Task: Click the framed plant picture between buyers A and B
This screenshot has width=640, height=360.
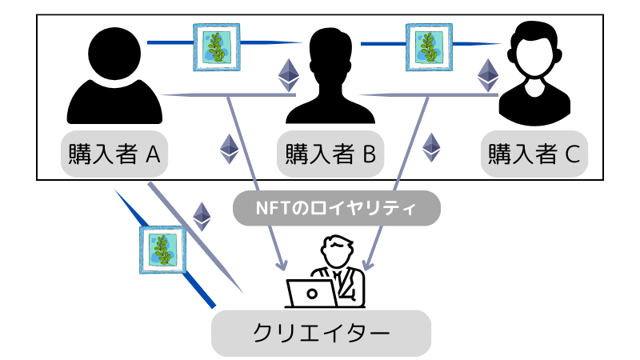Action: [x=218, y=46]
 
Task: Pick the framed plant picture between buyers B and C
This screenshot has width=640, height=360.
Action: [x=430, y=46]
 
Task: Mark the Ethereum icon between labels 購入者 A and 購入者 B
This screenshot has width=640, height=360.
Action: [x=230, y=148]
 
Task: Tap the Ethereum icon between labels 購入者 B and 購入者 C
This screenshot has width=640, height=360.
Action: [x=432, y=146]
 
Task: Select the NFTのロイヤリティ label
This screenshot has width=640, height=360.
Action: [x=336, y=209]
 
